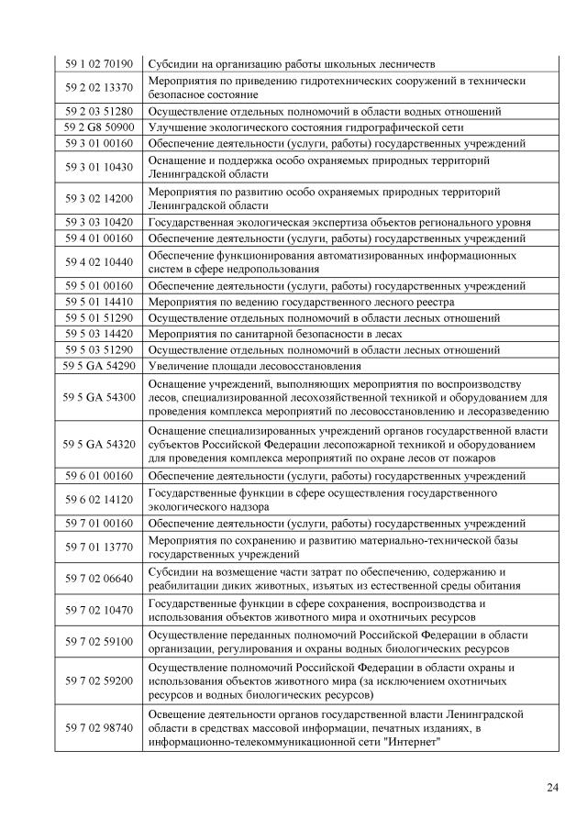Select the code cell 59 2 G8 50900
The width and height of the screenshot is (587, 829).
[x=99, y=127]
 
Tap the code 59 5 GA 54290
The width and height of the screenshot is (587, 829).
[x=99, y=366]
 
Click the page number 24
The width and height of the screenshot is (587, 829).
[x=551, y=786]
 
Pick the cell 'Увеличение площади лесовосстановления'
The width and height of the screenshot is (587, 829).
[x=253, y=366]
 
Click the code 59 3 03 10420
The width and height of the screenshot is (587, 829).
[x=99, y=223]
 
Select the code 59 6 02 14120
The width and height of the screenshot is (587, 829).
[x=99, y=499]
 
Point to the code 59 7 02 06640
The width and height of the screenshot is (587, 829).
[x=99, y=579]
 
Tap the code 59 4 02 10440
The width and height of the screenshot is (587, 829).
[x=99, y=261]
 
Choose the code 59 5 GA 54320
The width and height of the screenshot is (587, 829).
[x=99, y=444]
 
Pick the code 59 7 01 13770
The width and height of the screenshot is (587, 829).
[x=99, y=547]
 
